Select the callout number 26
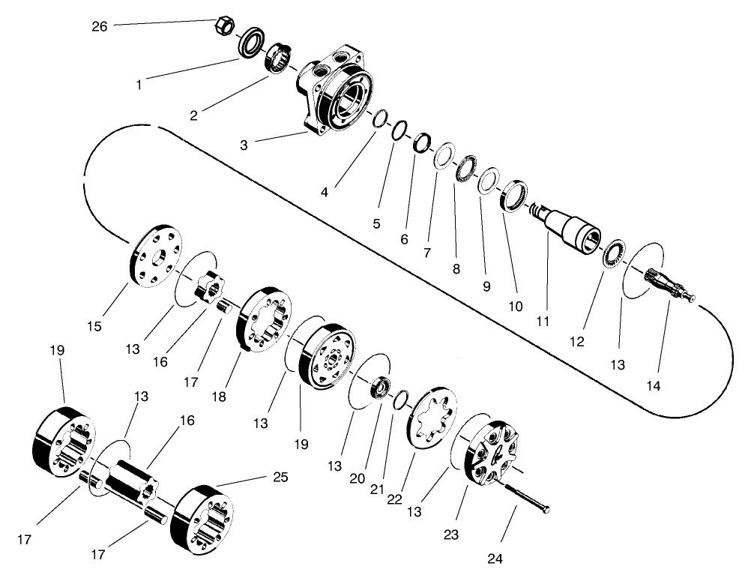(x=100, y=26)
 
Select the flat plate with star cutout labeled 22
(x=431, y=417)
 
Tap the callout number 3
(x=244, y=144)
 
